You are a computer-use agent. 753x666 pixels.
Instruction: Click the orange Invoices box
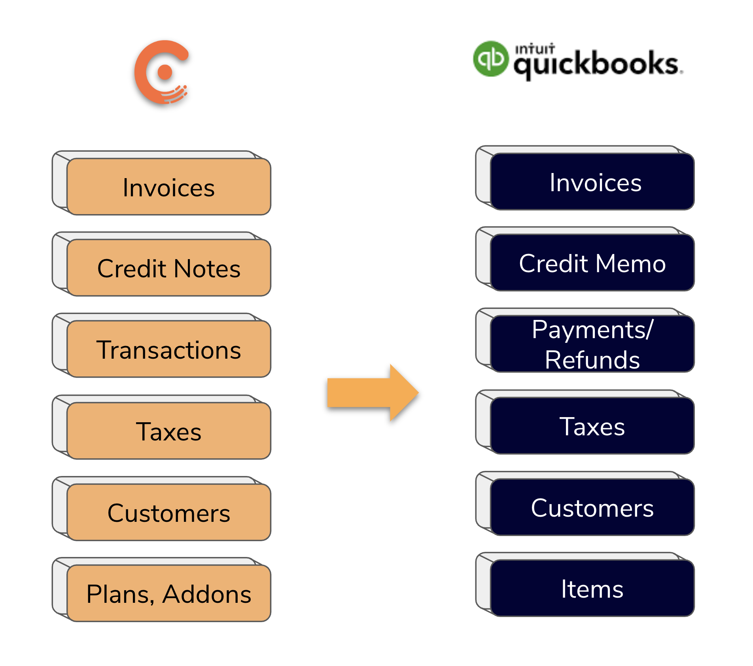pos(169,187)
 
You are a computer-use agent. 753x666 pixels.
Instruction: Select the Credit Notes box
pos(169,268)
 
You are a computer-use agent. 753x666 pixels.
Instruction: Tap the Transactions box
pos(169,350)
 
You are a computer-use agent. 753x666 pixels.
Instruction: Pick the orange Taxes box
pos(169,431)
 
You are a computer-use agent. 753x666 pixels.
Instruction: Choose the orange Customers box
pos(169,512)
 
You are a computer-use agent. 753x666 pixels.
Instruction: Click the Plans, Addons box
pos(169,594)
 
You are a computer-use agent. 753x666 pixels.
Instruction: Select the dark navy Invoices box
pos(592,182)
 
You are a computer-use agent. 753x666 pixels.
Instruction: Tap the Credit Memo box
pos(592,263)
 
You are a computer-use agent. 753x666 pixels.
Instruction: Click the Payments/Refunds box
pos(592,344)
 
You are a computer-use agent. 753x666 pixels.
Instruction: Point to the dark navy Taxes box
pos(592,426)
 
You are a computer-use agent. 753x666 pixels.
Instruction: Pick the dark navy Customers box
pos(592,507)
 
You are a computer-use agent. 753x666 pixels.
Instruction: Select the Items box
pos(592,589)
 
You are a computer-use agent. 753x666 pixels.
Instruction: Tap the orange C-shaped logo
pos(161,73)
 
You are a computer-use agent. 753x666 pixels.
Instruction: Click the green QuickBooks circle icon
pos(491,59)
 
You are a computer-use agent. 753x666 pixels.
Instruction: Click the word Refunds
pos(592,360)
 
